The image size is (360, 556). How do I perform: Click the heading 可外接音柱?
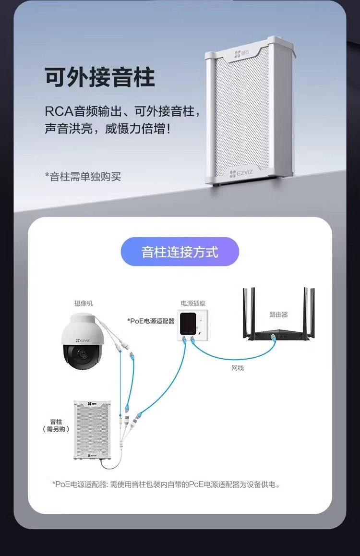[100, 77]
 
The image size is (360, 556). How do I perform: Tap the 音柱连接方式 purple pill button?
[180, 252]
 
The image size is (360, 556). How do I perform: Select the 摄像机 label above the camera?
[84, 303]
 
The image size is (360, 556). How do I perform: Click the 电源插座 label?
[193, 303]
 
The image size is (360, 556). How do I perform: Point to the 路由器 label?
[278, 314]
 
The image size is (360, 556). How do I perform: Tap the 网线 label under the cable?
[238, 368]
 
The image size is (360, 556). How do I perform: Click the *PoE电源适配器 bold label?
[151, 321]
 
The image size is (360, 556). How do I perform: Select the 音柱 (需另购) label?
[56, 425]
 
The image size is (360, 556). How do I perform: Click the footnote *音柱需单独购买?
[83, 176]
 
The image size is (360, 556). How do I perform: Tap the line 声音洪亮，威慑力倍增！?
[108, 129]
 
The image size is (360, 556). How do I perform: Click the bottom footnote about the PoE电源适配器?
[166, 484]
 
